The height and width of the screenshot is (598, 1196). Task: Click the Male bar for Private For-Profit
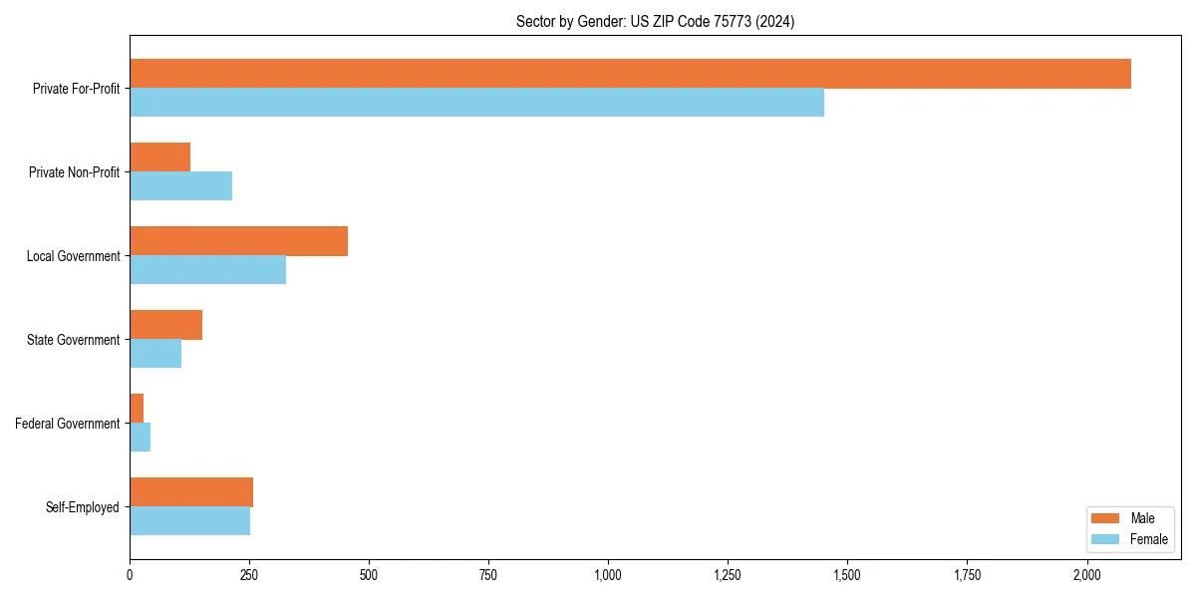coord(630,74)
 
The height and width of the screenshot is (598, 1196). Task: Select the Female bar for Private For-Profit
coord(476,103)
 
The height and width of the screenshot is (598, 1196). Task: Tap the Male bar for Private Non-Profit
coord(159,157)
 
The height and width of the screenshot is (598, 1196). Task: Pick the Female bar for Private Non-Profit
coord(180,186)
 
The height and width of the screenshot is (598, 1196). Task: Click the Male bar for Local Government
coord(238,241)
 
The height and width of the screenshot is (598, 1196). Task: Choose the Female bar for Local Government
coord(207,270)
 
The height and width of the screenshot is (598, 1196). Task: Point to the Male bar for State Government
coord(165,325)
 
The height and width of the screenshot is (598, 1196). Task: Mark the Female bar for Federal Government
coord(140,438)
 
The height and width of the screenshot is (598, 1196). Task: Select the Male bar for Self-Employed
coord(191,492)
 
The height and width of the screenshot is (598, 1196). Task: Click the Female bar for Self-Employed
coord(189,521)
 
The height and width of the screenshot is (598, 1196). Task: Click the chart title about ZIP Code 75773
coord(655,21)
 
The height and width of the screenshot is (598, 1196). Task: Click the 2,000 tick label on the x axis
coord(1086,575)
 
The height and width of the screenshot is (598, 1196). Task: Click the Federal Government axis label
coord(68,424)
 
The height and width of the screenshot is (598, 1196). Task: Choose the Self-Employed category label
coord(83,507)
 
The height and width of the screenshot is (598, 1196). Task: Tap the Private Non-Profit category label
coord(74,172)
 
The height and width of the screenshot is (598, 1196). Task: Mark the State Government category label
coord(73,340)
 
